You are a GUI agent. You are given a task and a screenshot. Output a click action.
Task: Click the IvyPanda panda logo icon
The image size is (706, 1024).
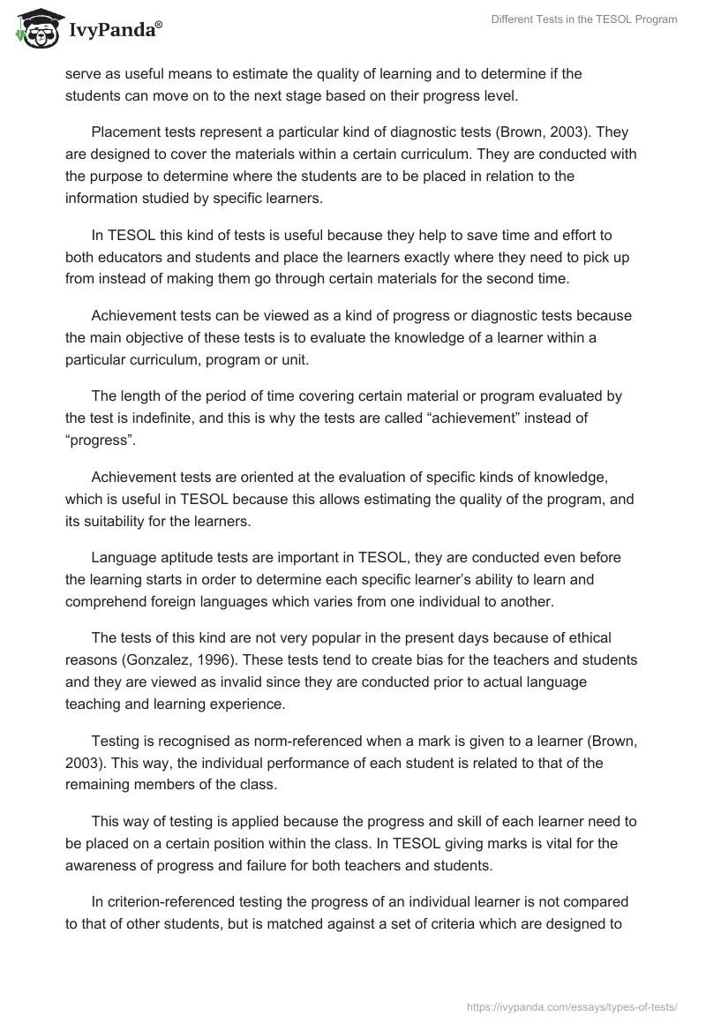(36, 29)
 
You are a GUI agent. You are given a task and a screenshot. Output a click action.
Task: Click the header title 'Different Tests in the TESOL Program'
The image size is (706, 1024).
(584, 20)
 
